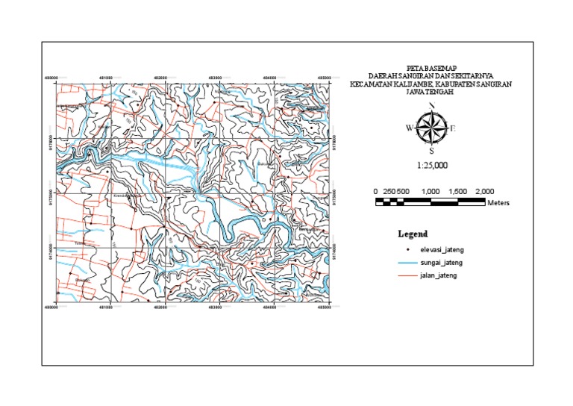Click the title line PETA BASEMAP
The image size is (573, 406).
430,66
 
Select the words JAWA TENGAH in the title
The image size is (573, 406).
430,93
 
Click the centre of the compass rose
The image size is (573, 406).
431,127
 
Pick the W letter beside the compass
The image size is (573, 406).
409,128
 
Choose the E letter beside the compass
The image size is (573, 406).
453,128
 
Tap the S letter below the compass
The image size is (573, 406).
431,150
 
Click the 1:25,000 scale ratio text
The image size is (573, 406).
432,166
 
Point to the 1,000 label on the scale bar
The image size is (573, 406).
430,192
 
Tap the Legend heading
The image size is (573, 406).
413,234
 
